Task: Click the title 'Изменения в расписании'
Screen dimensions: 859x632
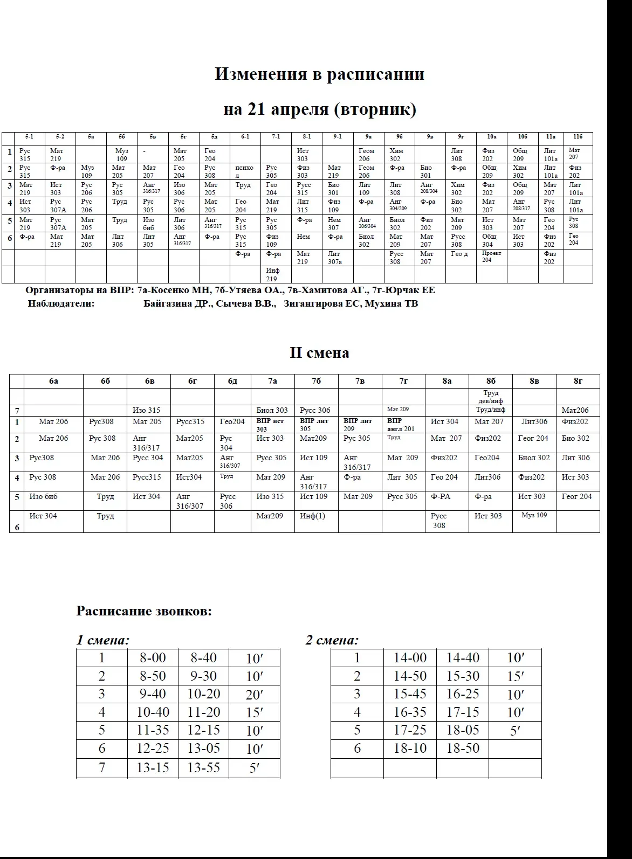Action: pyautogui.click(x=319, y=74)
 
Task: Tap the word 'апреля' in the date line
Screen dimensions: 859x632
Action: pyautogui.click(x=303, y=109)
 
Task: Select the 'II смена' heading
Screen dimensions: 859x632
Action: pyautogui.click(x=319, y=353)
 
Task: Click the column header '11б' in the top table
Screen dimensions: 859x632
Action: pyautogui.click(x=578, y=137)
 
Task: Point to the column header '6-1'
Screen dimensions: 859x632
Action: pyautogui.click(x=245, y=137)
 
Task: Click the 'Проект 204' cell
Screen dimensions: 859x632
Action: pyautogui.click(x=491, y=257)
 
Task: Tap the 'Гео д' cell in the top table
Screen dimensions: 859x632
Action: pyautogui.click(x=459, y=254)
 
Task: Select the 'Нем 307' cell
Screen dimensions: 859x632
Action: pyautogui.click(x=334, y=224)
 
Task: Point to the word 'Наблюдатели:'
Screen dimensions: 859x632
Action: pyautogui.click(x=61, y=304)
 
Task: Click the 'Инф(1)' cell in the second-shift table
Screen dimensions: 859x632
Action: pyautogui.click(x=312, y=516)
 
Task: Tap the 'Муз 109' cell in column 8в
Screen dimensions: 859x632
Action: pyautogui.click(x=534, y=516)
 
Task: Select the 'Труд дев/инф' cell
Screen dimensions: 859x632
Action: pyautogui.click(x=491, y=397)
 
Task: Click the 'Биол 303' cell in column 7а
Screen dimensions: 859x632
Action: pyautogui.click(x=272, y=411)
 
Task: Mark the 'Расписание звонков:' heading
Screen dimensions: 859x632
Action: pyautogui.click(x=144, y=611)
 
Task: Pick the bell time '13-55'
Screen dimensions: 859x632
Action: pyautogui.click(x=203, y=767)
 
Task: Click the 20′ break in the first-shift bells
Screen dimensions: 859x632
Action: pyautogui.click(x=254, y=695)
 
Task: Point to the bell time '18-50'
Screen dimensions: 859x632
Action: pyautogui.click(x=463, y=749)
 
